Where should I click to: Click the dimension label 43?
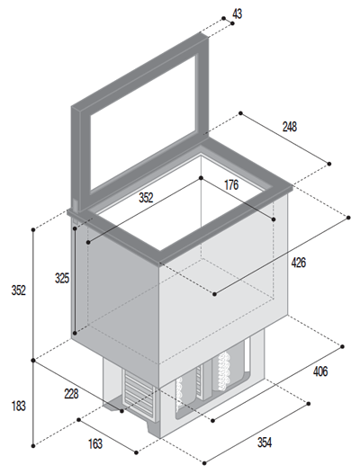(x=238, y=13)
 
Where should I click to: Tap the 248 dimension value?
(x=290, y=127)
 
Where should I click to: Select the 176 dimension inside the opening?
(x=231, y=184)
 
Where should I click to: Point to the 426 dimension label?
(x=298, y=263)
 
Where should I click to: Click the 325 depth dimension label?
(x=62, y=278)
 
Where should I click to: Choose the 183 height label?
(x=19, y=406)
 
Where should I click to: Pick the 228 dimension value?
(x=71, y=394)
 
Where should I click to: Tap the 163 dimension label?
(x=95, y=443)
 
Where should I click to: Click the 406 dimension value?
(x=320, y=371)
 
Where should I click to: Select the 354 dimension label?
(x=265, y=442)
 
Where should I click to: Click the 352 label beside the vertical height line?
(x=19, y=291)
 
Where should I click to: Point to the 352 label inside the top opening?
(x=146, y=198)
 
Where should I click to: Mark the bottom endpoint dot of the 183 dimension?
(x=33, y=445)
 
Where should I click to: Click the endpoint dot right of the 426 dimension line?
(x=348, y=218)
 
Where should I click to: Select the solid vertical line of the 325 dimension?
(x=75, y=281)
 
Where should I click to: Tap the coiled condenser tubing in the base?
(x=225, y=371)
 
